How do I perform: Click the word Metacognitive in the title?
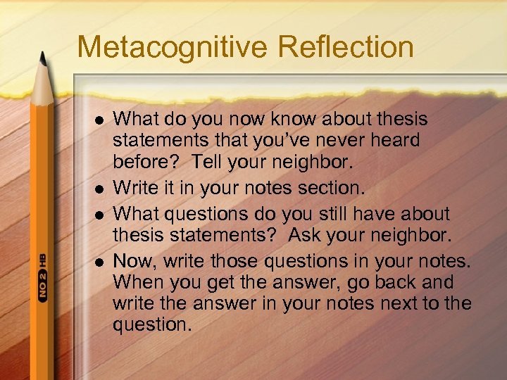[173, 47]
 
